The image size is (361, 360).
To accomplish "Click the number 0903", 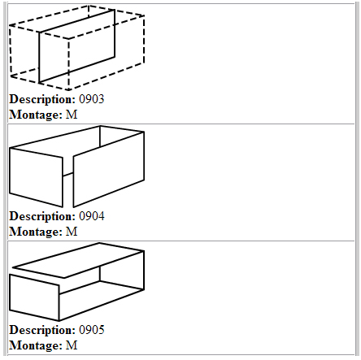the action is pyautogui.click(x=92, y=99).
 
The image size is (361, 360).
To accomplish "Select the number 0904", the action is pyautogui.click(x=92, y=216).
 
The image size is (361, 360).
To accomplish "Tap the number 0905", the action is pyautogui.click(x=92, y=330).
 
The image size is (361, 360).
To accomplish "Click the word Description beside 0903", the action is pyautogui.click(x=42, y=100).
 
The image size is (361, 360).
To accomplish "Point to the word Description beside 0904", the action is pyautogui.click(x=42, y=217).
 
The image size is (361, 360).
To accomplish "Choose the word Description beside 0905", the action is pyautogui.click(x=42, y=331).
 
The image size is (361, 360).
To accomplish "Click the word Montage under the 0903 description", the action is pyautogui.click(x=36, y=115).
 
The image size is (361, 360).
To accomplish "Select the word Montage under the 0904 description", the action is pyautogui.click(x=36, y=232).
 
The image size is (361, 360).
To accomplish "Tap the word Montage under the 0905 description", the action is pyautogui.click(x=36, y=345).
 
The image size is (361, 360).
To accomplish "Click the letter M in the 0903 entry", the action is pyautogui.click(x=72, y=115).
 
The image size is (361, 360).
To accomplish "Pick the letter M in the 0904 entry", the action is pyautogui.click(x=72, y=232).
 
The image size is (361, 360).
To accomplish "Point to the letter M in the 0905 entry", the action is pyautogui.click(x=72, y=345).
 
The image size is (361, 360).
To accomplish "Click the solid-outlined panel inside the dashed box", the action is pyautogui.click(x=77, y=46).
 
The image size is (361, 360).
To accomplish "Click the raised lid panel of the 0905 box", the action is pyautogui.click(x=78, y=260).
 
